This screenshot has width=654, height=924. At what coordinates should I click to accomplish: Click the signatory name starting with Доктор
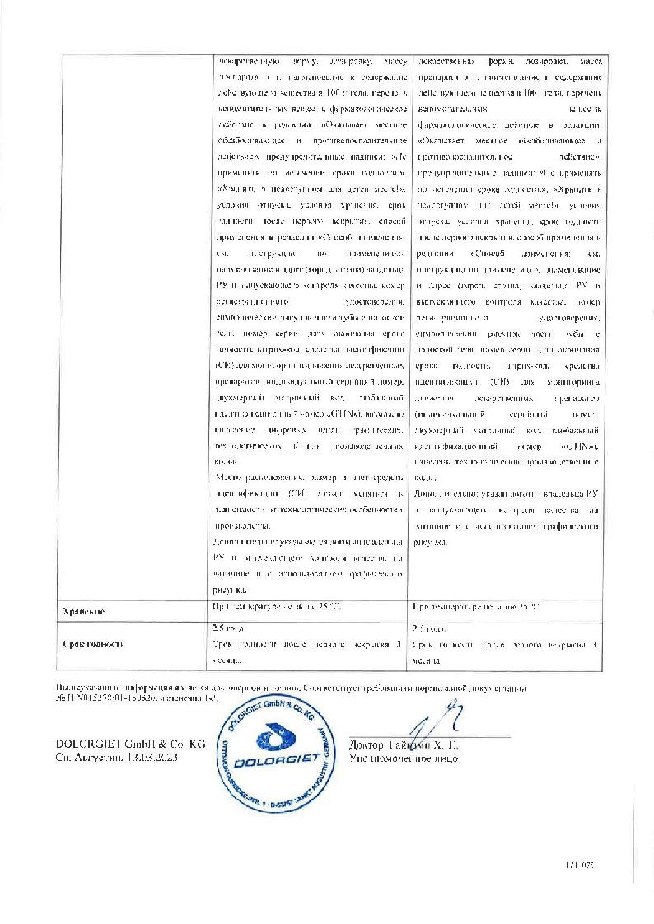pos(404,744)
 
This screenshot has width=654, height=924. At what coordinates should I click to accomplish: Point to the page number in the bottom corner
pos(580,866)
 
